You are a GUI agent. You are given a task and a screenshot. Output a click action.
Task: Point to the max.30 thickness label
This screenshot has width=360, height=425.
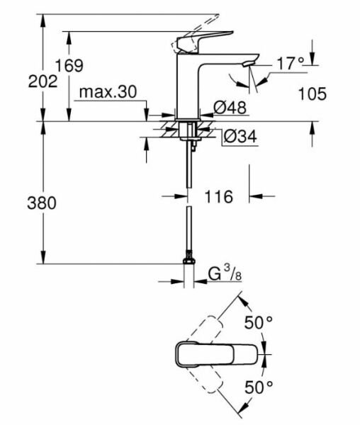[107, 92]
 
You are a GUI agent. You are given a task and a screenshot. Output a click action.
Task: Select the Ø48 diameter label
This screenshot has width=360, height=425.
[230, 108]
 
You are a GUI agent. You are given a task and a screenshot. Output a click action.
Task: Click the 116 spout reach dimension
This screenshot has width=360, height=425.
[218, 197]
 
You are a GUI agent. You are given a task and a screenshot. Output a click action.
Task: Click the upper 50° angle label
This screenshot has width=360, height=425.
[259, 323]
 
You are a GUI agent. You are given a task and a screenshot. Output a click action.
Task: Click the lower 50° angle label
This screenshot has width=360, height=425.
[259, 387]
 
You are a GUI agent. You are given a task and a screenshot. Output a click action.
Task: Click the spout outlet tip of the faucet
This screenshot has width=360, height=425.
[246, 66]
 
